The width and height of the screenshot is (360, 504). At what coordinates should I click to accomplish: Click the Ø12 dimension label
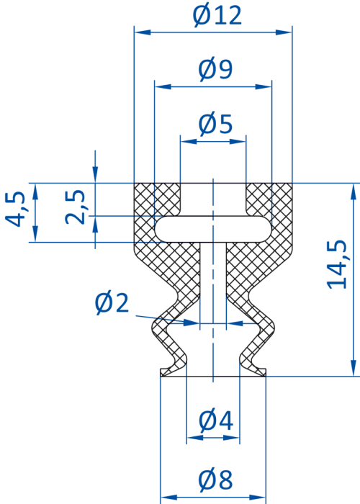click(x=217, y=15)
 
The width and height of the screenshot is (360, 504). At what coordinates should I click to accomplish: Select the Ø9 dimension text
click(x=215, y=69)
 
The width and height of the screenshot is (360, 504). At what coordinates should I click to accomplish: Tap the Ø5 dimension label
click(x=215, y=124)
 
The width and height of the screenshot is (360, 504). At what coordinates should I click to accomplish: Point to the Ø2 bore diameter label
click(x=112, y=302)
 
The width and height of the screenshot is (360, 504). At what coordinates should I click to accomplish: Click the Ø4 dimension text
click(x=216, y=420)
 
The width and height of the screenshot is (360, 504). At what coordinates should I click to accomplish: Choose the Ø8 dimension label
click(x=215, y=480)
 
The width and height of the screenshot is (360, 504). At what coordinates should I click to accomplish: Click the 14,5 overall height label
click(x=337, y=264)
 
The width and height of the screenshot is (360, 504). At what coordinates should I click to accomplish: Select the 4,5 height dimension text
click(x=14, y=210)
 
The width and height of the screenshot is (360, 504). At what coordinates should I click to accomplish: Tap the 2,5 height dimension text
click(x=75, y=207)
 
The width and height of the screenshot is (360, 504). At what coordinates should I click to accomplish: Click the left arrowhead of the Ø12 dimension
click(x=143, y=32)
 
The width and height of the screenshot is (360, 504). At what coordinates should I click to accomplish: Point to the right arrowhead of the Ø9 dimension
click(x=264, y=87)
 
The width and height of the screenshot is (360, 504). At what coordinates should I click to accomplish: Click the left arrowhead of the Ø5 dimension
click(x=189, y=141)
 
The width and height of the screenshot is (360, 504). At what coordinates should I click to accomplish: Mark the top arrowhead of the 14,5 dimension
click(x=354, y=192)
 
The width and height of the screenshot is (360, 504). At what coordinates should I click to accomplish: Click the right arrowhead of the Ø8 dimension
click(x=258, y=498)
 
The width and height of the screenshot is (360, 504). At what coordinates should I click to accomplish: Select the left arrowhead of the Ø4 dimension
click(x=195, y=438)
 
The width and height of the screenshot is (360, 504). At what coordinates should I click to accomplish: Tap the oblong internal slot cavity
click(x=213, y=229)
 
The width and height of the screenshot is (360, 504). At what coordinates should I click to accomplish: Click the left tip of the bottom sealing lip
click(x=161, y=372)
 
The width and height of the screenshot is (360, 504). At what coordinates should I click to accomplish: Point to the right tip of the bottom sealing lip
click(x=265, y=372)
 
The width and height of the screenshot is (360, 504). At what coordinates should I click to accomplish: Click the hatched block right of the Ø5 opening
click(x=269, y=199)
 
